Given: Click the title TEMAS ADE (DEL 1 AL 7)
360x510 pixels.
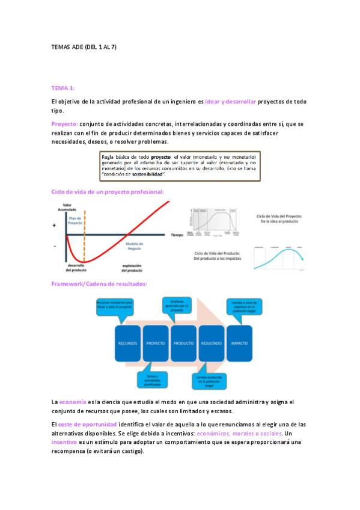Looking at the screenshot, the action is point(84,46).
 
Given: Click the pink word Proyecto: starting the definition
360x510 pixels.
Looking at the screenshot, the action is point(64,124).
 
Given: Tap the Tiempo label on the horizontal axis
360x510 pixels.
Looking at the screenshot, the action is point(176,235).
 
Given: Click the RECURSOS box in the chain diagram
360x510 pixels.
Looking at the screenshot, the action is point(127,343).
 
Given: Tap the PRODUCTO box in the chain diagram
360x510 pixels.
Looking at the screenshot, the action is point(183,343).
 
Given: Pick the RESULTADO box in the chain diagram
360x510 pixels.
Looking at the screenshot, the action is point(211,343).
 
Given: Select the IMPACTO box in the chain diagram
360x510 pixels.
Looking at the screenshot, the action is point(239,343).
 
